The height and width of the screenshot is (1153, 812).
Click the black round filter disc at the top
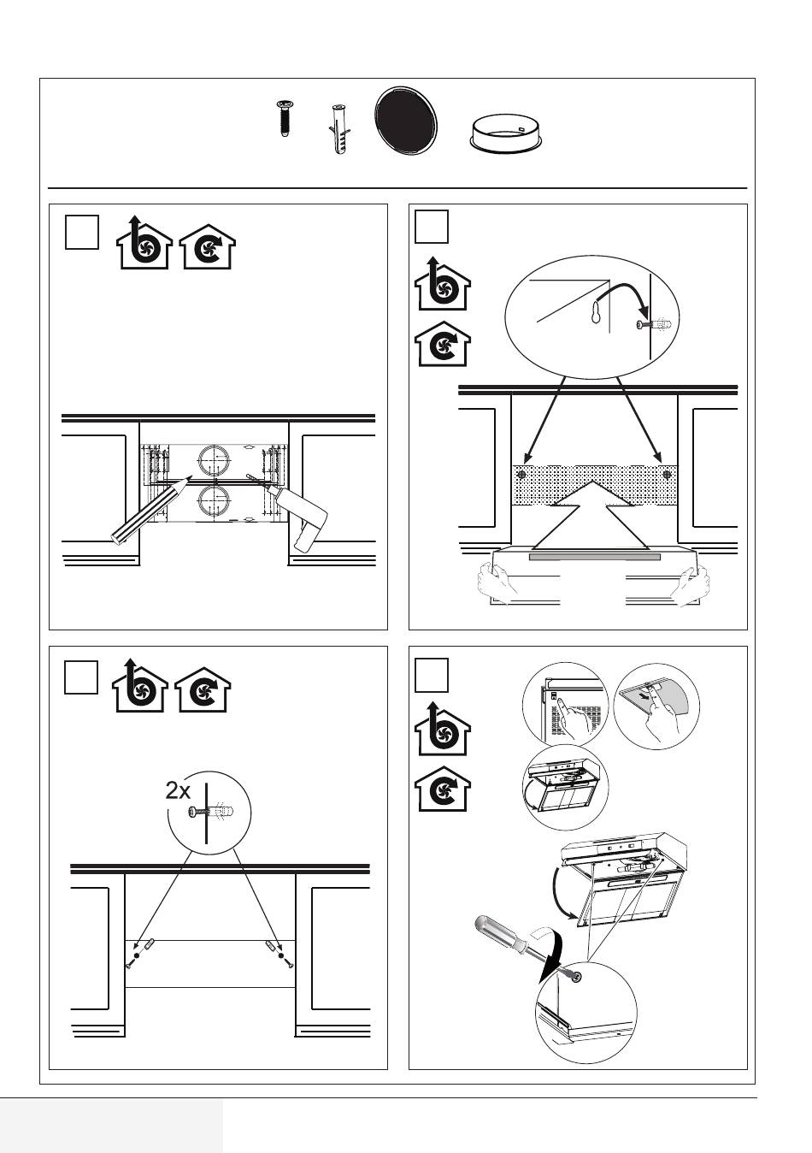[x=407, y=125]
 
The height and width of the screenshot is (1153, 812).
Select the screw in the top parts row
[x=285, y=117]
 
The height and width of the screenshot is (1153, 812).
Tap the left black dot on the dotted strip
[x=521, y=474]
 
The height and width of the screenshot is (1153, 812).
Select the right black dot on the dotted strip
[x=668, y=474]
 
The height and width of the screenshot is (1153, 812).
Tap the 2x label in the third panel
[x=178, y=790]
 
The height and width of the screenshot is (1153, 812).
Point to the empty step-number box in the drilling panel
[x=82, y=233]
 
